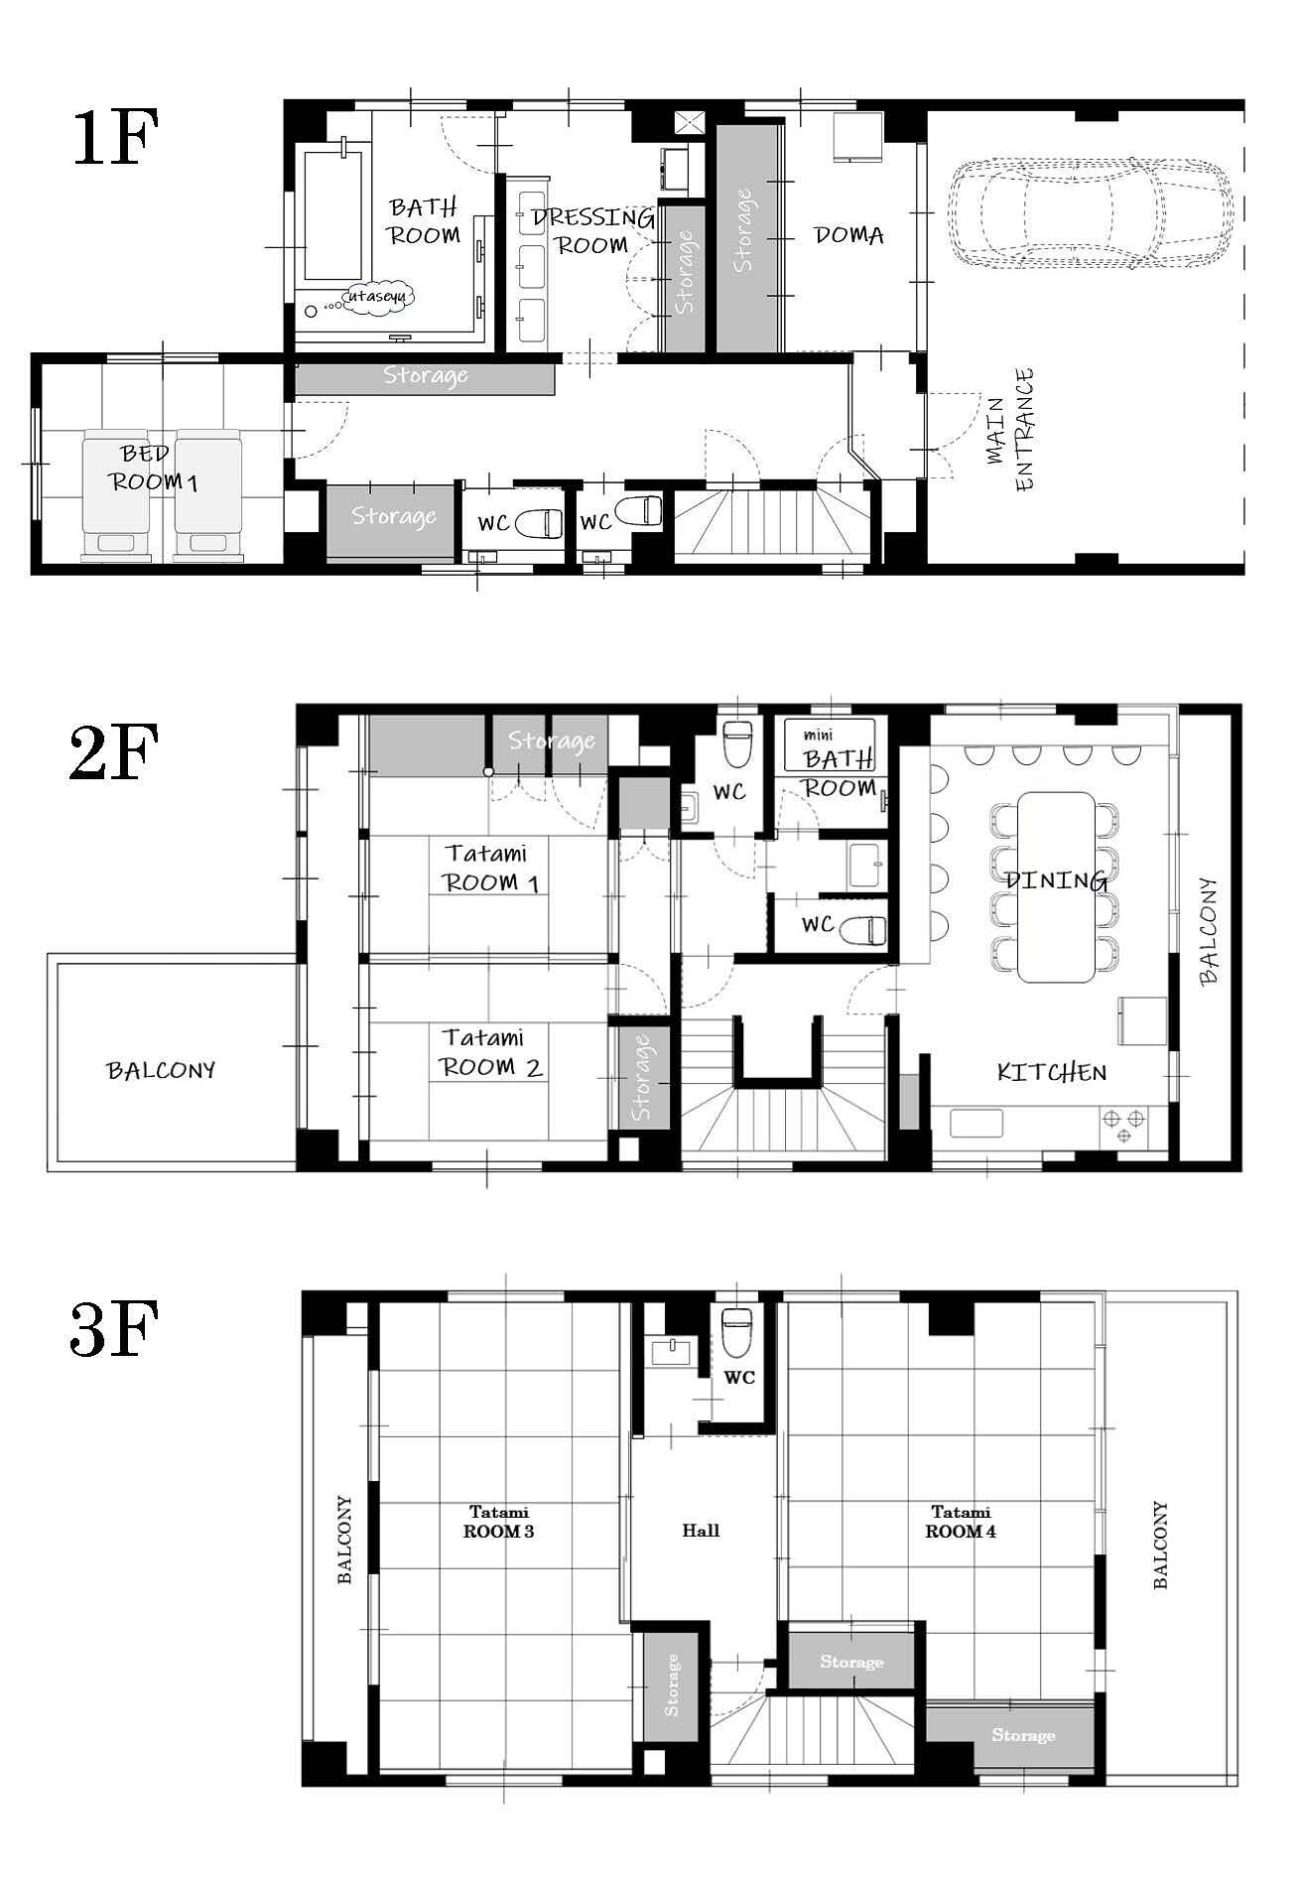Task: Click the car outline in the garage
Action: (1089, 214)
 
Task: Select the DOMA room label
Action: (848, 235)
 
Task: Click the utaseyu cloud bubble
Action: (378, 296)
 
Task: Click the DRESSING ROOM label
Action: (592, 230)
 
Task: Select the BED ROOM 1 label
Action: (154, 468)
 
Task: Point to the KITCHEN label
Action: (1051, 1072)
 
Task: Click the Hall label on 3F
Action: (701, 1530)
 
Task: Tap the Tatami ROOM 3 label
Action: (499, 1522)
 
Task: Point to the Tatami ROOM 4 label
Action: (961, 1522)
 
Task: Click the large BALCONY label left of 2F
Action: (161, 1070)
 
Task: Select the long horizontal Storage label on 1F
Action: (425, 375)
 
